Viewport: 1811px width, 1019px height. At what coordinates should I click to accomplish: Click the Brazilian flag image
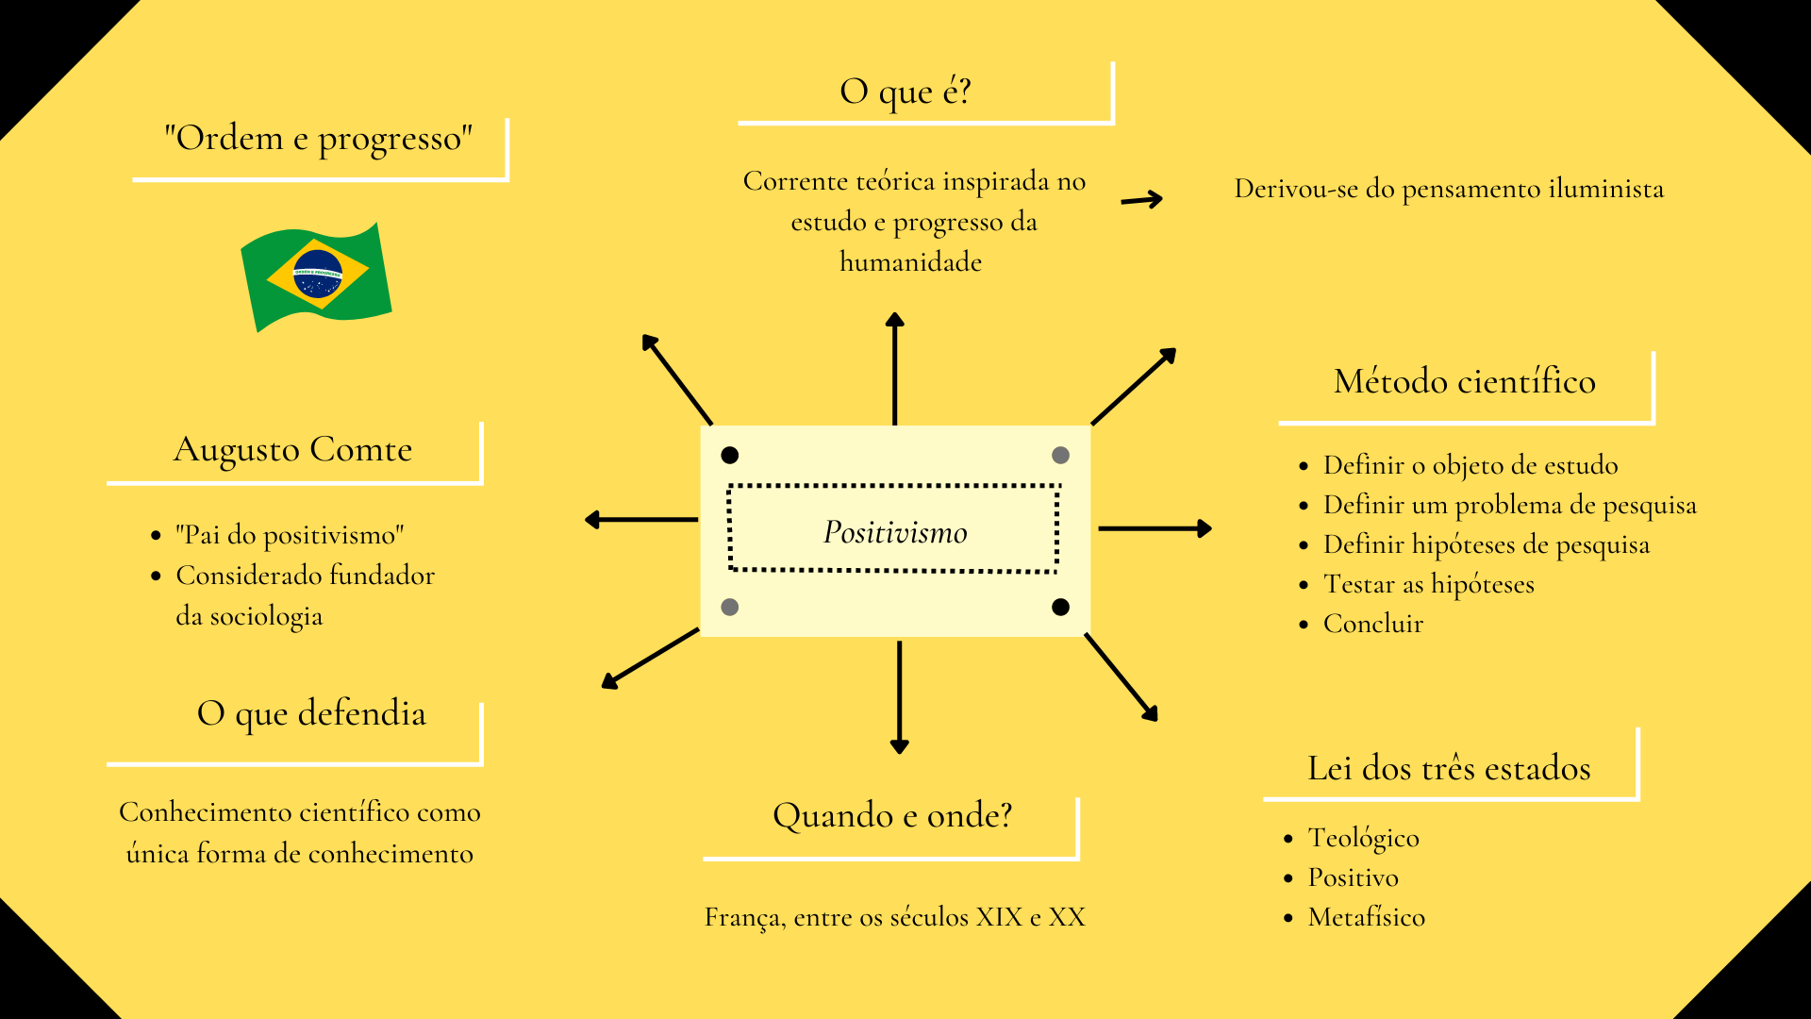(317, 276)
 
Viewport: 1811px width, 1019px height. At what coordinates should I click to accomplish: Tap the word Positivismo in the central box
(895, 532)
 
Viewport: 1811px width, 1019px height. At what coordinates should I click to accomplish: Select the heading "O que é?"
(905, 92)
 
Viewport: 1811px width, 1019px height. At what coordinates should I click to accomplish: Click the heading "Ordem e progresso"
(318, 139)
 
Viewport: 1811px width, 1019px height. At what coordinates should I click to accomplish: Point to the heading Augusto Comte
(292, 449)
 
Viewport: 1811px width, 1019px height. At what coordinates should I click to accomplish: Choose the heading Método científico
(1464, 381)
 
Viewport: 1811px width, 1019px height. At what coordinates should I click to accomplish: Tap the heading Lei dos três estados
(1449, 768)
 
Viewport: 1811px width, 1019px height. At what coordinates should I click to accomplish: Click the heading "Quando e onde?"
(892, 815)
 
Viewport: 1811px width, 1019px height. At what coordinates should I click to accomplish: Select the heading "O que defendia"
(311, 713)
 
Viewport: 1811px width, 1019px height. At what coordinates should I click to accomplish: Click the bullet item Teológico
(1363, 838)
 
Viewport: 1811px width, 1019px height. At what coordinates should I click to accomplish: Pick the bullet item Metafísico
(1366, 917)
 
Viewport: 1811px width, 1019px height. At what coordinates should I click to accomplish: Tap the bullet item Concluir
(1372, 624)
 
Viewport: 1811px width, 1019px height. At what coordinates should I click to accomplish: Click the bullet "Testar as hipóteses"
(1428, 584)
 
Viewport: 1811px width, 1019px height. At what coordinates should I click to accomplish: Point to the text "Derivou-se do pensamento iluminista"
(1449, 189)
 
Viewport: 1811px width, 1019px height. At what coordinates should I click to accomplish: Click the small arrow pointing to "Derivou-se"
(1141, 199)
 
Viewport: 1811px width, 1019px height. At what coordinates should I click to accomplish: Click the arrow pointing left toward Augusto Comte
(641, 519)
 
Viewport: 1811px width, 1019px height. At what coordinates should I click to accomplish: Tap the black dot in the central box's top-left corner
(729, 456)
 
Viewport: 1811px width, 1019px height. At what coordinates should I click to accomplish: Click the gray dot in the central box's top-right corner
(1060, 456)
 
